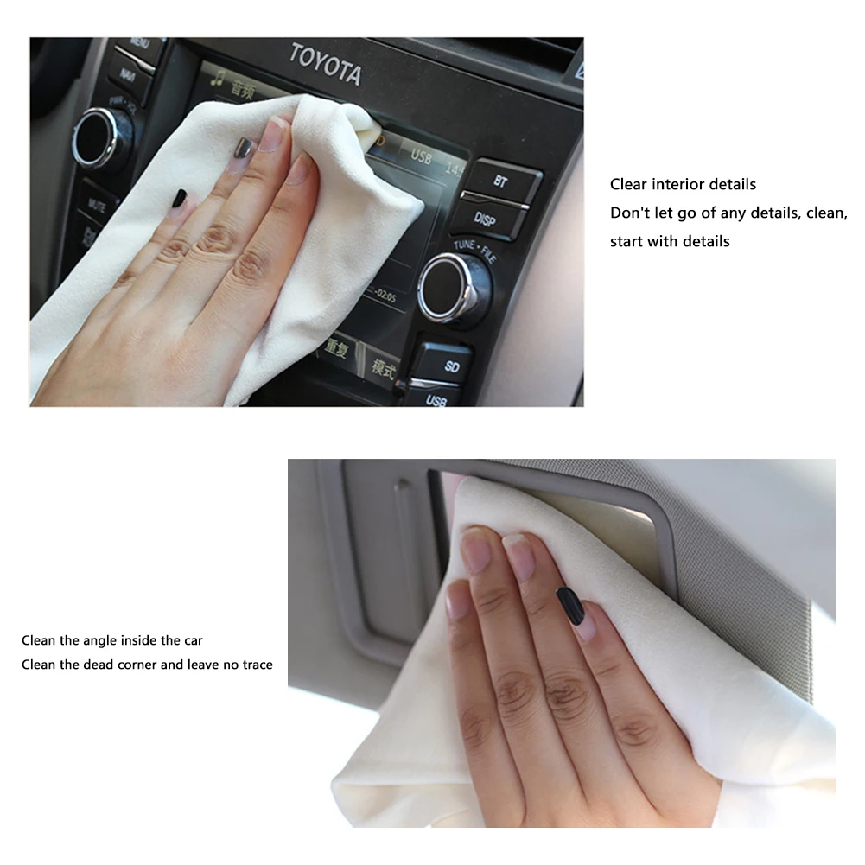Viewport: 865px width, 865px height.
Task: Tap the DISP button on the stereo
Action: click(485, 219)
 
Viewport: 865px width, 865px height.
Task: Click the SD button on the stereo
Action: click(451, 366)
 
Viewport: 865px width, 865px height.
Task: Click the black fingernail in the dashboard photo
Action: click(180, 198)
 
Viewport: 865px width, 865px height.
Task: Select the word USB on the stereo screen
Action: click(421, 156)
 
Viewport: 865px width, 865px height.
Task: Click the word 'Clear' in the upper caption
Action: click(628, 184)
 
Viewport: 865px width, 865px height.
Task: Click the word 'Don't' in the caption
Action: click(629, 213)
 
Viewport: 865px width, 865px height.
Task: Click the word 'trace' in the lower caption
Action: click(255, 665)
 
